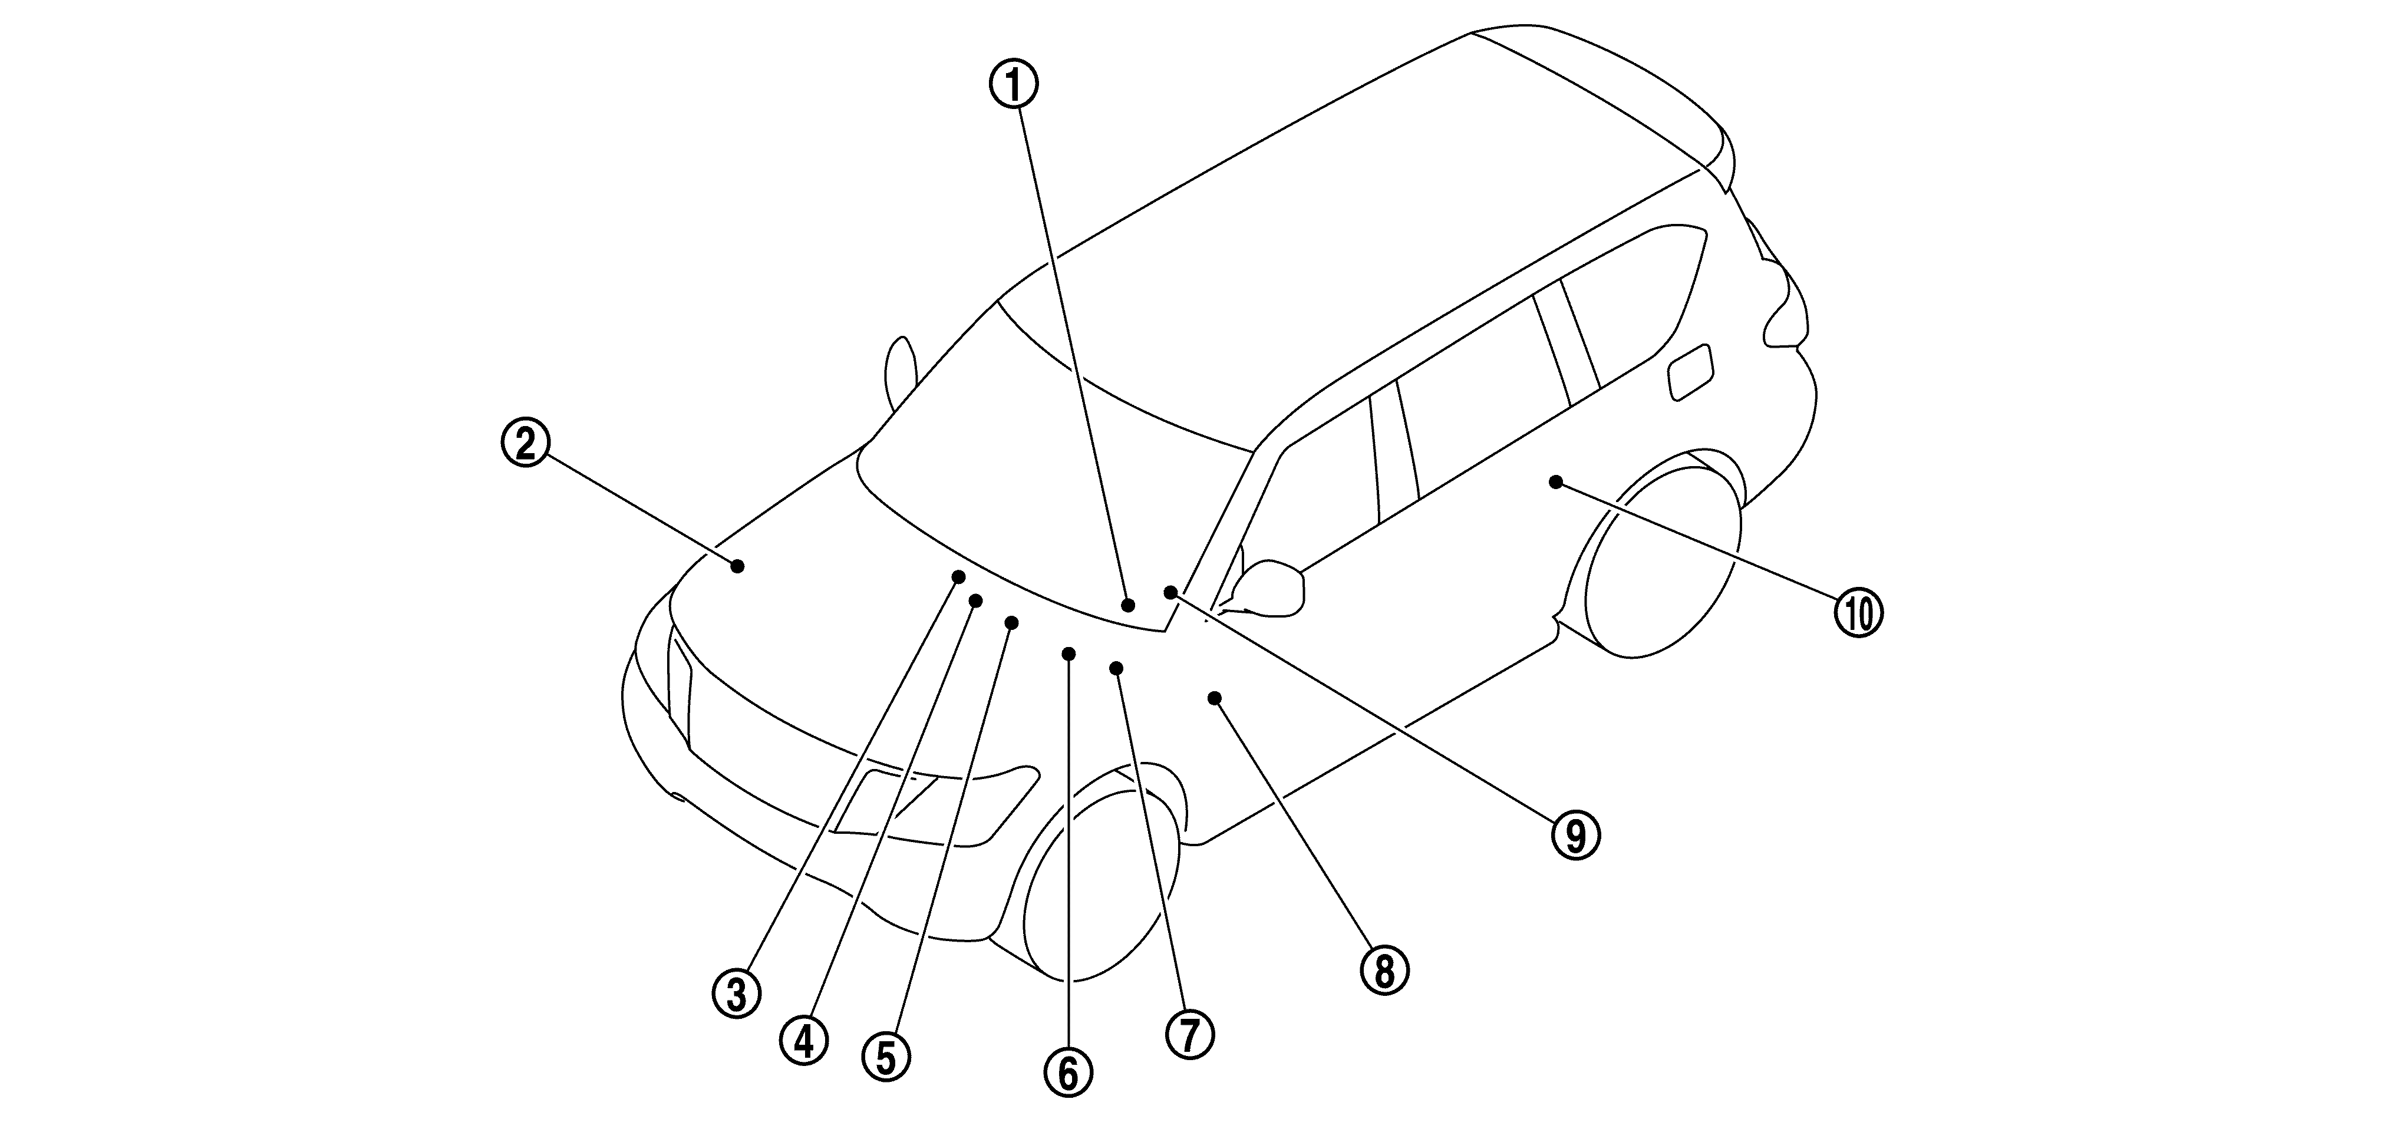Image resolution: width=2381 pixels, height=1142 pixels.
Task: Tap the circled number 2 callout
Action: pos(525,444)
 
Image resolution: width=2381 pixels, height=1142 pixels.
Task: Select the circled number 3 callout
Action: pos(737,994)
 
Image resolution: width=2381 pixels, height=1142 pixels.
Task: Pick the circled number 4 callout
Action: pos(804,1041)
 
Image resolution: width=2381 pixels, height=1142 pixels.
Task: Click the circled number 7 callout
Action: pos(1189,1034)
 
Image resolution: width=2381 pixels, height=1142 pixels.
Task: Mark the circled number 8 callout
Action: pos(1384,970)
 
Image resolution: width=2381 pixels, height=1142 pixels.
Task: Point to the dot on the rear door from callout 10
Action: pos(1555,481)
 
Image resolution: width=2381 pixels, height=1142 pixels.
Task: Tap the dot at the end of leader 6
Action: pos(1069,653)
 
